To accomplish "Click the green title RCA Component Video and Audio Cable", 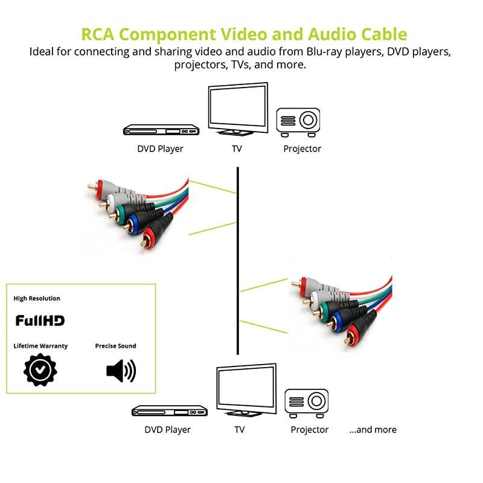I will (244, 34).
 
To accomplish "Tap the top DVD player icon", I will (161, 130).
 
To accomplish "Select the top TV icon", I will (237, 109).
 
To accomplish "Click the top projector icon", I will (298, 120).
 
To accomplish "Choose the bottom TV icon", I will (246, 390).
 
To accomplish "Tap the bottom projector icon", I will (307, 401).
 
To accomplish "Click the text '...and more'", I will (373, 430).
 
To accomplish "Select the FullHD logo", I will (40, 321).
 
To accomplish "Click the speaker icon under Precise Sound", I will (121, 370).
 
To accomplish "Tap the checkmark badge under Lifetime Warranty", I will (40, 370).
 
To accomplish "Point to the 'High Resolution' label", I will (37, 298).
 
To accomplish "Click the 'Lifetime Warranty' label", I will (40, 346).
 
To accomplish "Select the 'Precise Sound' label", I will (115, 346).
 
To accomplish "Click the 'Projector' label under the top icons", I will (302, 149).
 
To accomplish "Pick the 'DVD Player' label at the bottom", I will (167, 430).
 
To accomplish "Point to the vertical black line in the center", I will (238, 260).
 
